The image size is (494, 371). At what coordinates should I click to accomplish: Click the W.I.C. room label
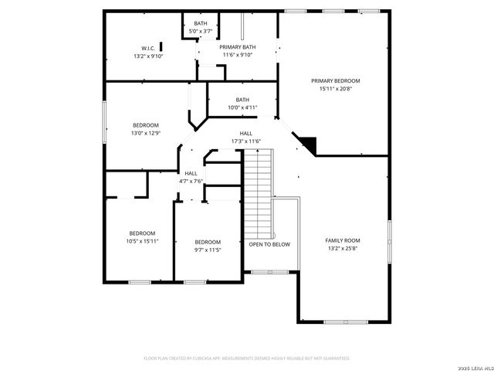click(148, 48)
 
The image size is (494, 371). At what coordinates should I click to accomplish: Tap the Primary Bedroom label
click(335, 80)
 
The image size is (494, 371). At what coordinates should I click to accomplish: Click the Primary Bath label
click(237, 47)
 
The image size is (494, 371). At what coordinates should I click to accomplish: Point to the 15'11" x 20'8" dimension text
click(335, 89)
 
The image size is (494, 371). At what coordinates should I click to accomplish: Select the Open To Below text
click(269, 244)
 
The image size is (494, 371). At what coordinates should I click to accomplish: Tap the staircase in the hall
click(258, 193)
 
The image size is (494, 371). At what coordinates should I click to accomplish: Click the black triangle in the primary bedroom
click(308, 143)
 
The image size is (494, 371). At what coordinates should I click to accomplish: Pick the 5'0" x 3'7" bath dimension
click(201, 31)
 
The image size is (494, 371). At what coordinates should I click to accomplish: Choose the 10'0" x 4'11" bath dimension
click(242, 107)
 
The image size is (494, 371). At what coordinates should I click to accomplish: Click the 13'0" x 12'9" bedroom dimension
click(145, 134)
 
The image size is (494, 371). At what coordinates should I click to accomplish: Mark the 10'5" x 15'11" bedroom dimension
click(142, 241)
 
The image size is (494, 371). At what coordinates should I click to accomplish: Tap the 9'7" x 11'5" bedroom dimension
click(208, 250)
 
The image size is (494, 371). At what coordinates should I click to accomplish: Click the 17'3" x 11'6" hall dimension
click(246, 141)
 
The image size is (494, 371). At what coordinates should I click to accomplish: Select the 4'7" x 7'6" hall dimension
click(191, 181)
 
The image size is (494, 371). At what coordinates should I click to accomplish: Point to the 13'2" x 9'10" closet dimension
click(148, 56)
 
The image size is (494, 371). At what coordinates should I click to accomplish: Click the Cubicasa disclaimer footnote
click(247, 358)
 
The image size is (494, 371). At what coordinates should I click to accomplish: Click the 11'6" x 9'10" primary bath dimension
click(237, 55)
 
